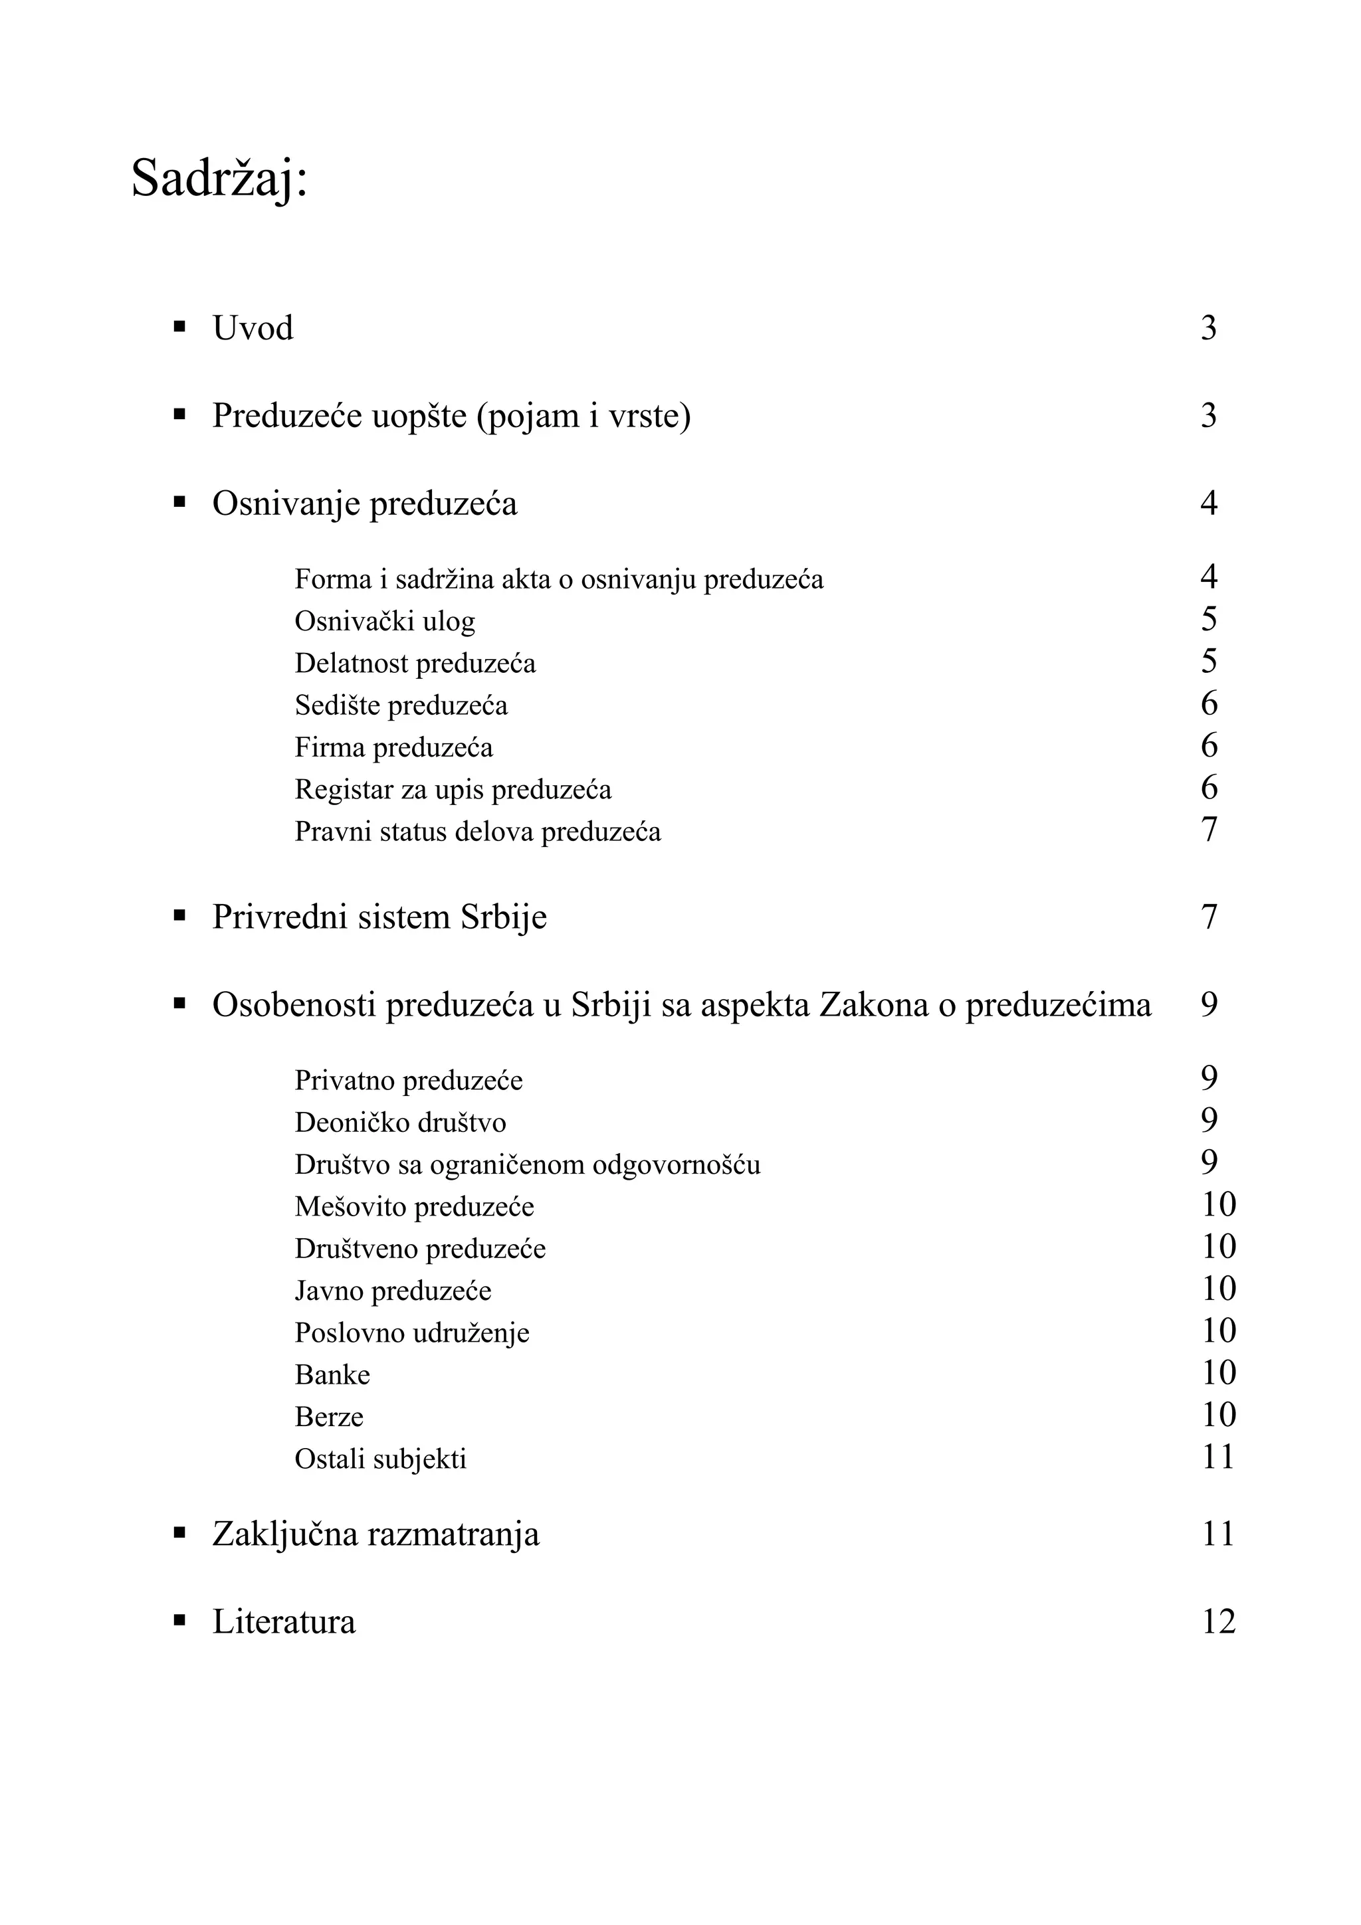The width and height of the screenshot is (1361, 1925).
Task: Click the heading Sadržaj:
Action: click(220, 179)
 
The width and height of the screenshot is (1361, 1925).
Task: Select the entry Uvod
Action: click(253, 328)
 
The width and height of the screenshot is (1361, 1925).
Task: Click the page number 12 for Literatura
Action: click(1217, 1621)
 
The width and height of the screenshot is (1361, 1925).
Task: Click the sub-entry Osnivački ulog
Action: click(384, 621)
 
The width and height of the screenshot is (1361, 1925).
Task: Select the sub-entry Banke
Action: click(332, 1375)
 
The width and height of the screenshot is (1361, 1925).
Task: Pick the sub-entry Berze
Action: click(329, 1417)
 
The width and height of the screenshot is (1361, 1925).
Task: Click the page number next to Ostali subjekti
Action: click(1217, 1457)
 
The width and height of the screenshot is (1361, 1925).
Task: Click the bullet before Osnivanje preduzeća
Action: click(179, 502)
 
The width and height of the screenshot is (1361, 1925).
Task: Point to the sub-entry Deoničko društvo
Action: click(400, 1123)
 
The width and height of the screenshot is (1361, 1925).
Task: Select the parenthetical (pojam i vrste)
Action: click(583, 416)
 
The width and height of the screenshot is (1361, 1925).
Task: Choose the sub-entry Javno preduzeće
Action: click(393, 1291)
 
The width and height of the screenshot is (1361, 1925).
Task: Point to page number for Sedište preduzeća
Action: click(1208, 703)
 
